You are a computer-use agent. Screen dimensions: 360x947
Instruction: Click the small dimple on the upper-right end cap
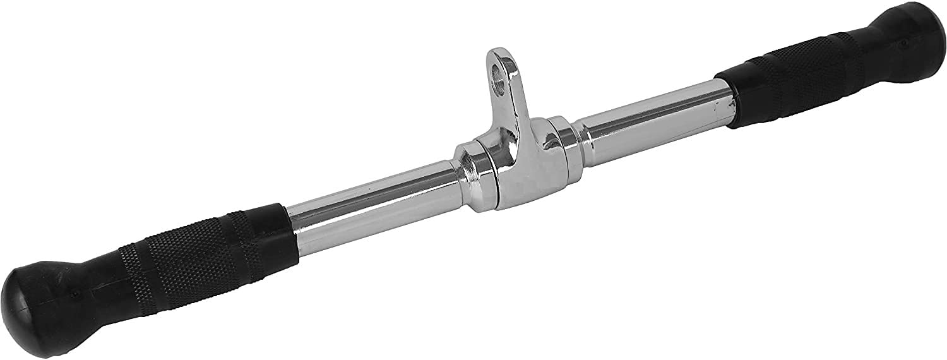click(905, 43)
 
